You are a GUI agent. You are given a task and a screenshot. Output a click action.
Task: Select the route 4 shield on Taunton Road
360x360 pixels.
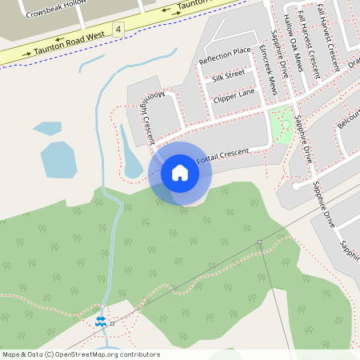pos(118,29)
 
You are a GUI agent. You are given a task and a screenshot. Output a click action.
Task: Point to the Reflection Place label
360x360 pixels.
pos(225,56)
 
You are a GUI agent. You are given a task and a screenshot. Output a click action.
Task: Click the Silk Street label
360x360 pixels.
pos(228,76)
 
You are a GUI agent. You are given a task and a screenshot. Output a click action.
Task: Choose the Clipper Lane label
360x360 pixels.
pos(234,97)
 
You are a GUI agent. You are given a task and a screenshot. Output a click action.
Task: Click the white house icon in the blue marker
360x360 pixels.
pos(180,173)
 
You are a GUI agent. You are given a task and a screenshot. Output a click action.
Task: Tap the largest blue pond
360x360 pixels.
pos(58,159)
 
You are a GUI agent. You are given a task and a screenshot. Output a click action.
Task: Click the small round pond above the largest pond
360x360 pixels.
pos(45,127)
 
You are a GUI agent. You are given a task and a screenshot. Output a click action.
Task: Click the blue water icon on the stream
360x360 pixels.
pos(100,321)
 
